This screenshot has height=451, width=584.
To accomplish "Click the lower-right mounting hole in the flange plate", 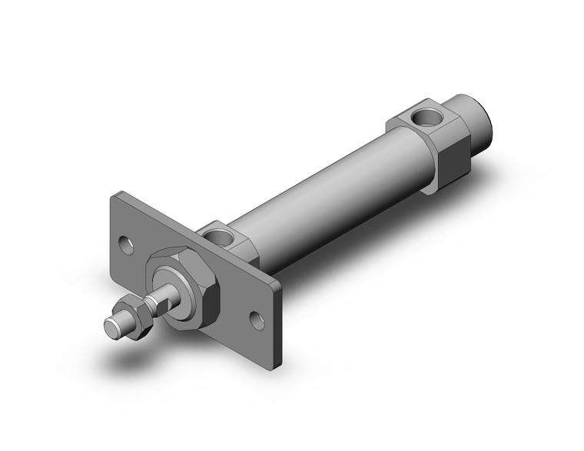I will (257, 319).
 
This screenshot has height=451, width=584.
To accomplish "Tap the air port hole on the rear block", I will (424, 118).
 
